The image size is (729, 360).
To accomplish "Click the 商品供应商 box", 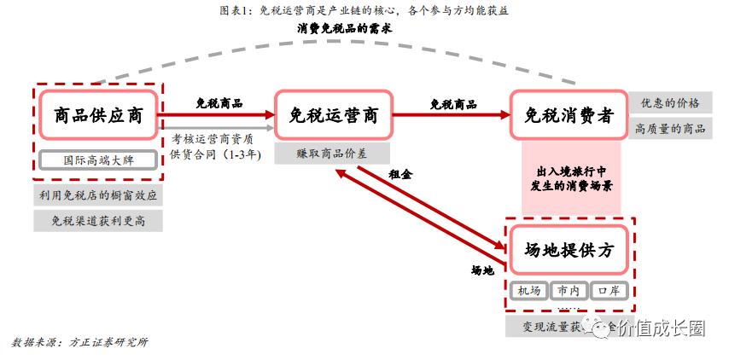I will pyautogui.click(x=98, y=115).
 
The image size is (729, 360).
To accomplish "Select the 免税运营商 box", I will pyautogui.click(x=333, y=115).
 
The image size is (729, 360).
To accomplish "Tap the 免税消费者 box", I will pyautogui.click(x=569, y=115).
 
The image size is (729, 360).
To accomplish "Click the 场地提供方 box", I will pyautogui.click(x=569, y=250).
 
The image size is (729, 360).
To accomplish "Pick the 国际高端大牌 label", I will pyautogui.click(x=98, y=160).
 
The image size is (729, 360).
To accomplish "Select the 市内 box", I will pyautogui.click(x=569, y=291).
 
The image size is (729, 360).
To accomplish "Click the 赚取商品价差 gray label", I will pyautogui.click(x=332, y=154).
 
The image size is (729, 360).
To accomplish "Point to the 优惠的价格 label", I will pyautogui.click(x=670, y=103).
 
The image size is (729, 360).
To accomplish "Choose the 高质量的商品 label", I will pyautogui.click(x=670, y=129).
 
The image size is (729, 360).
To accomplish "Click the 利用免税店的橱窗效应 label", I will pyautogui.click(x=98, y=195).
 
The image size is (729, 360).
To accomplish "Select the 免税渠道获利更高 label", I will pyautogui.click(x=98, y=222).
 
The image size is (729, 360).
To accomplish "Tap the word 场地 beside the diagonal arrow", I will pyautogui.click(x=482, y=270).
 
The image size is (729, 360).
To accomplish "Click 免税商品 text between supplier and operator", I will pyautogui.click(x=219, y=103).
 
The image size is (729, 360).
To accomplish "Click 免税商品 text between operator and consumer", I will pyautogui.click(x=453, y=104).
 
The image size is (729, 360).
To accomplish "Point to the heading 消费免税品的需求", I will pyautogui.click(x=345, y=28).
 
